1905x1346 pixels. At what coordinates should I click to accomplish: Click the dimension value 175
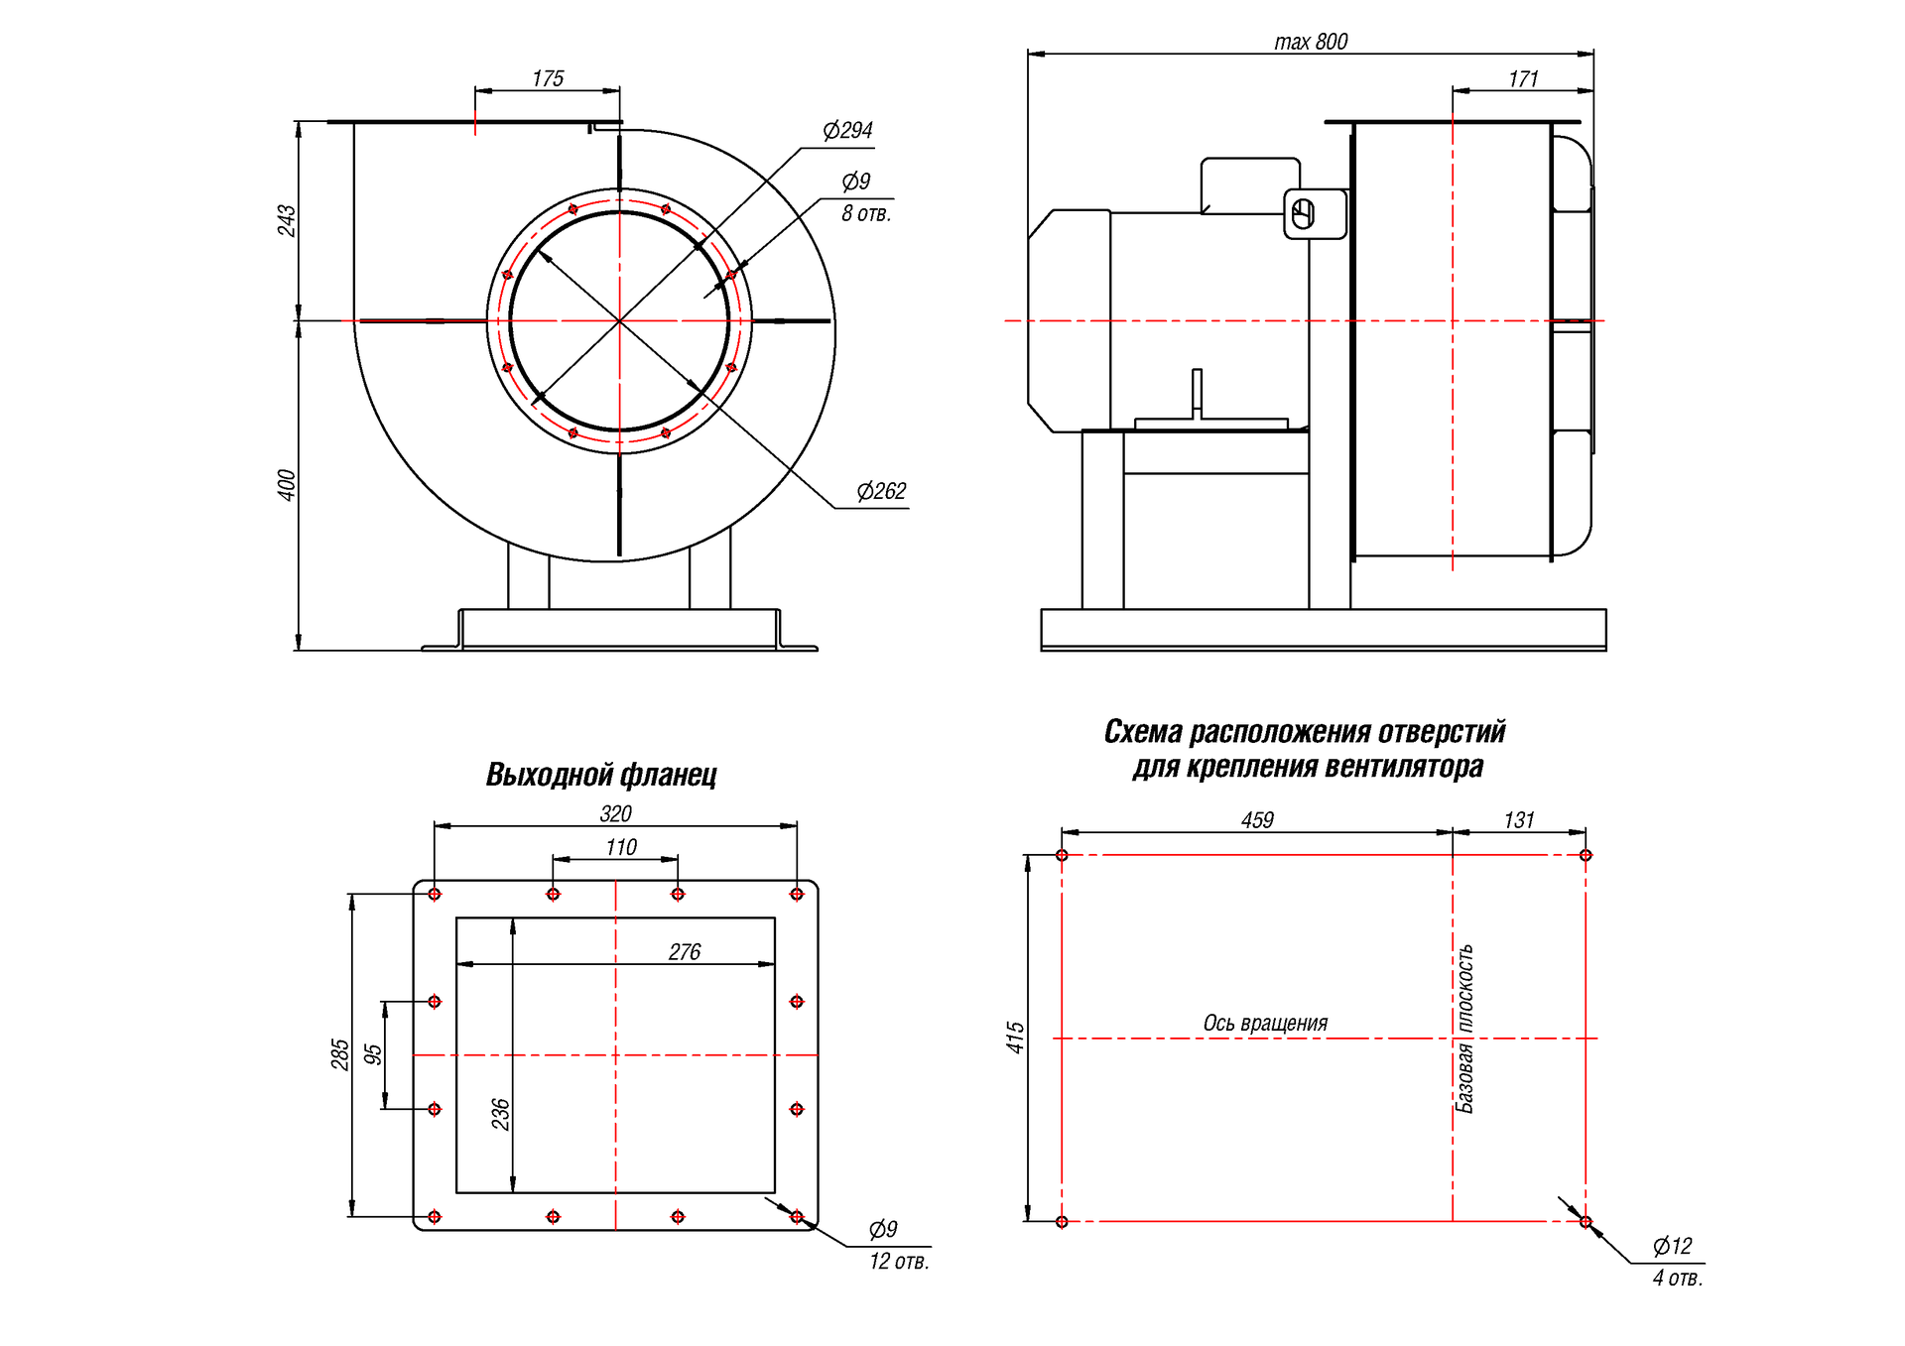coord(548,78)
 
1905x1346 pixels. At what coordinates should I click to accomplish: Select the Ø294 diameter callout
coord(847,130)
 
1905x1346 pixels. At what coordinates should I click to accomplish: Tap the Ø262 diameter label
coord(881,491)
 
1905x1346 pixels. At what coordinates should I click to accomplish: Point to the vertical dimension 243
coord(286,220)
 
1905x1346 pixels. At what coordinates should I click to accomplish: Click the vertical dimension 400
coord(286,485)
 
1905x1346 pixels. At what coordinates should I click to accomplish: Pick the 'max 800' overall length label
coord(1311,42)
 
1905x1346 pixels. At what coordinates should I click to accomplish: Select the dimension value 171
coord(1523,79)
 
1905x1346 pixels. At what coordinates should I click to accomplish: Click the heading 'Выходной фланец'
coord(601,775)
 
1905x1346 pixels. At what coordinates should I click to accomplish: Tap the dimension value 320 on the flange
coord(615,814)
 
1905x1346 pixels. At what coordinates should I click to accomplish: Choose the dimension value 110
coord(621,848)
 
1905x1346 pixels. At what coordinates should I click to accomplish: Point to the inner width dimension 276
coord(685,952)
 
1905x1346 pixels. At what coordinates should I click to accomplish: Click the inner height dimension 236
coord(500,1114)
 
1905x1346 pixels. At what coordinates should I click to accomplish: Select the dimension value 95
coord(373,1054)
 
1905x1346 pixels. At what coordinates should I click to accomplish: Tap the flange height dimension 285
coord(339,1054)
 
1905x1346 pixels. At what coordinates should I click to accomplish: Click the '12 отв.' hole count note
coord(899,1262)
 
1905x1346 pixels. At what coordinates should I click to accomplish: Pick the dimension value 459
coord(1257,820)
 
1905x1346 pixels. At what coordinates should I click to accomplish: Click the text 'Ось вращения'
coord(1265,1023)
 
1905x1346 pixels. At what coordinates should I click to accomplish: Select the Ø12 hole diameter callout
coord(1672,1246)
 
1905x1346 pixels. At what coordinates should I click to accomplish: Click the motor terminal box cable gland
coord(1304,214)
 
